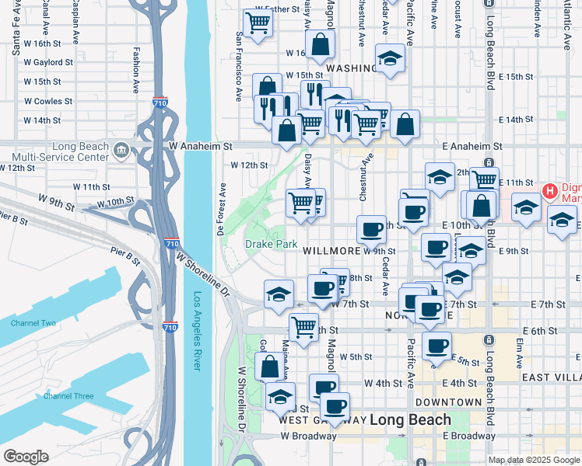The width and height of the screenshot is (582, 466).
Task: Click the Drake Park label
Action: pos(272,244)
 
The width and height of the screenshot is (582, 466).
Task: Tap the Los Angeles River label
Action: pos(197,331)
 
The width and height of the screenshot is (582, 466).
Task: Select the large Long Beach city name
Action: pos(409,420)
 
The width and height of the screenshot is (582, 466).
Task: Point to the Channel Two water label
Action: pos(33,323)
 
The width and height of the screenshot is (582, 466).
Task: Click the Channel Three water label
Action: pos(69,396)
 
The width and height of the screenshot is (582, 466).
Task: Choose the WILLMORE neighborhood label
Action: pos(331,251)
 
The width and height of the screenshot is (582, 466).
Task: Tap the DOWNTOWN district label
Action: pos(448,402)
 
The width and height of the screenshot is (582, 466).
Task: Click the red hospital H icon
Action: pos(549,190)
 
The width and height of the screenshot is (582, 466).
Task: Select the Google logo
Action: pos(26,457)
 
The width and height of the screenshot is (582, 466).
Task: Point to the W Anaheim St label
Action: pos(200,145)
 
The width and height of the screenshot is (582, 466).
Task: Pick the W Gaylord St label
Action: pos(48,62)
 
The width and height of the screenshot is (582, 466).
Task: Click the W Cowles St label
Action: pos(48,101)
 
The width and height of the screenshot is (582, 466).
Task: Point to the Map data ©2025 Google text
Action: pos(534,460)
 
